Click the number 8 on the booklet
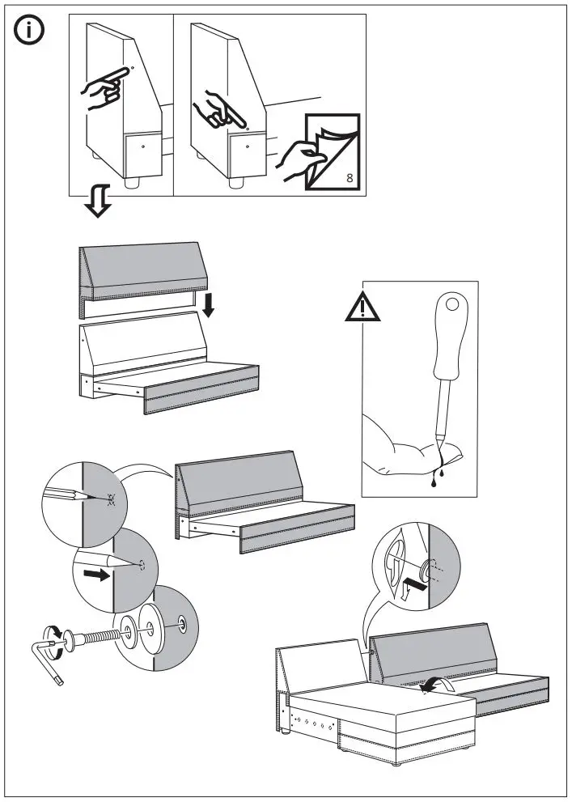pyautogui.click(x=348, y=179)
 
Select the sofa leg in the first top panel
pyautogui.click(x=129, y=181)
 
